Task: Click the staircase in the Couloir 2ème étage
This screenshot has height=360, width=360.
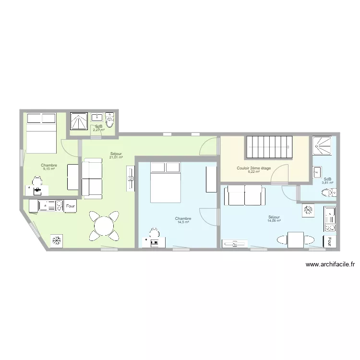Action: point(270,147)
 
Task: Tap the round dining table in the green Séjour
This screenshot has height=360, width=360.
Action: point(104,226)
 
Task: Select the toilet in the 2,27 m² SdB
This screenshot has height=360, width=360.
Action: point(110,120)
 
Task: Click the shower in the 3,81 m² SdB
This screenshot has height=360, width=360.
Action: point(322,145)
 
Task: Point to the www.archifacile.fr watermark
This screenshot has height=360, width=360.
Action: point(330,264)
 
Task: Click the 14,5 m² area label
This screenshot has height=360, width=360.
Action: point(183,222)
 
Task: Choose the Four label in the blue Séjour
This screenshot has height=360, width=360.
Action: point(330,241)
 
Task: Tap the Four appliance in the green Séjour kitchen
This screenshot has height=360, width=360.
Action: point(70,206)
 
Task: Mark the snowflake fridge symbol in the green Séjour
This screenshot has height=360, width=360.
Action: point(56,240)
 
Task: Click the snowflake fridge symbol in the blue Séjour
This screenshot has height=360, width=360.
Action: point(308,210)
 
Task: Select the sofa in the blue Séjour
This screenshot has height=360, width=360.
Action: point(245,195)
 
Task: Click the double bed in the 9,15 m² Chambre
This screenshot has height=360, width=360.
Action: point(42,133)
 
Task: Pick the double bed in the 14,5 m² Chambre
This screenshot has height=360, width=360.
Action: point(166,182)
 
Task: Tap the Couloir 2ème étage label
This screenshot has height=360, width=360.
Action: point(254,168)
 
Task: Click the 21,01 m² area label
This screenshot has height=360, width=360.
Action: point(116,157)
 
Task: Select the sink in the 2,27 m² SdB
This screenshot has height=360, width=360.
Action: point(97,117)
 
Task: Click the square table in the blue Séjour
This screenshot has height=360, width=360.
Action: point(296,240)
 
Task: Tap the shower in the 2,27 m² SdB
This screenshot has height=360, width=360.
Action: point(79,121)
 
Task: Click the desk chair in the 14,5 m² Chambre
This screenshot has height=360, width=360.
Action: point(155,233)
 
